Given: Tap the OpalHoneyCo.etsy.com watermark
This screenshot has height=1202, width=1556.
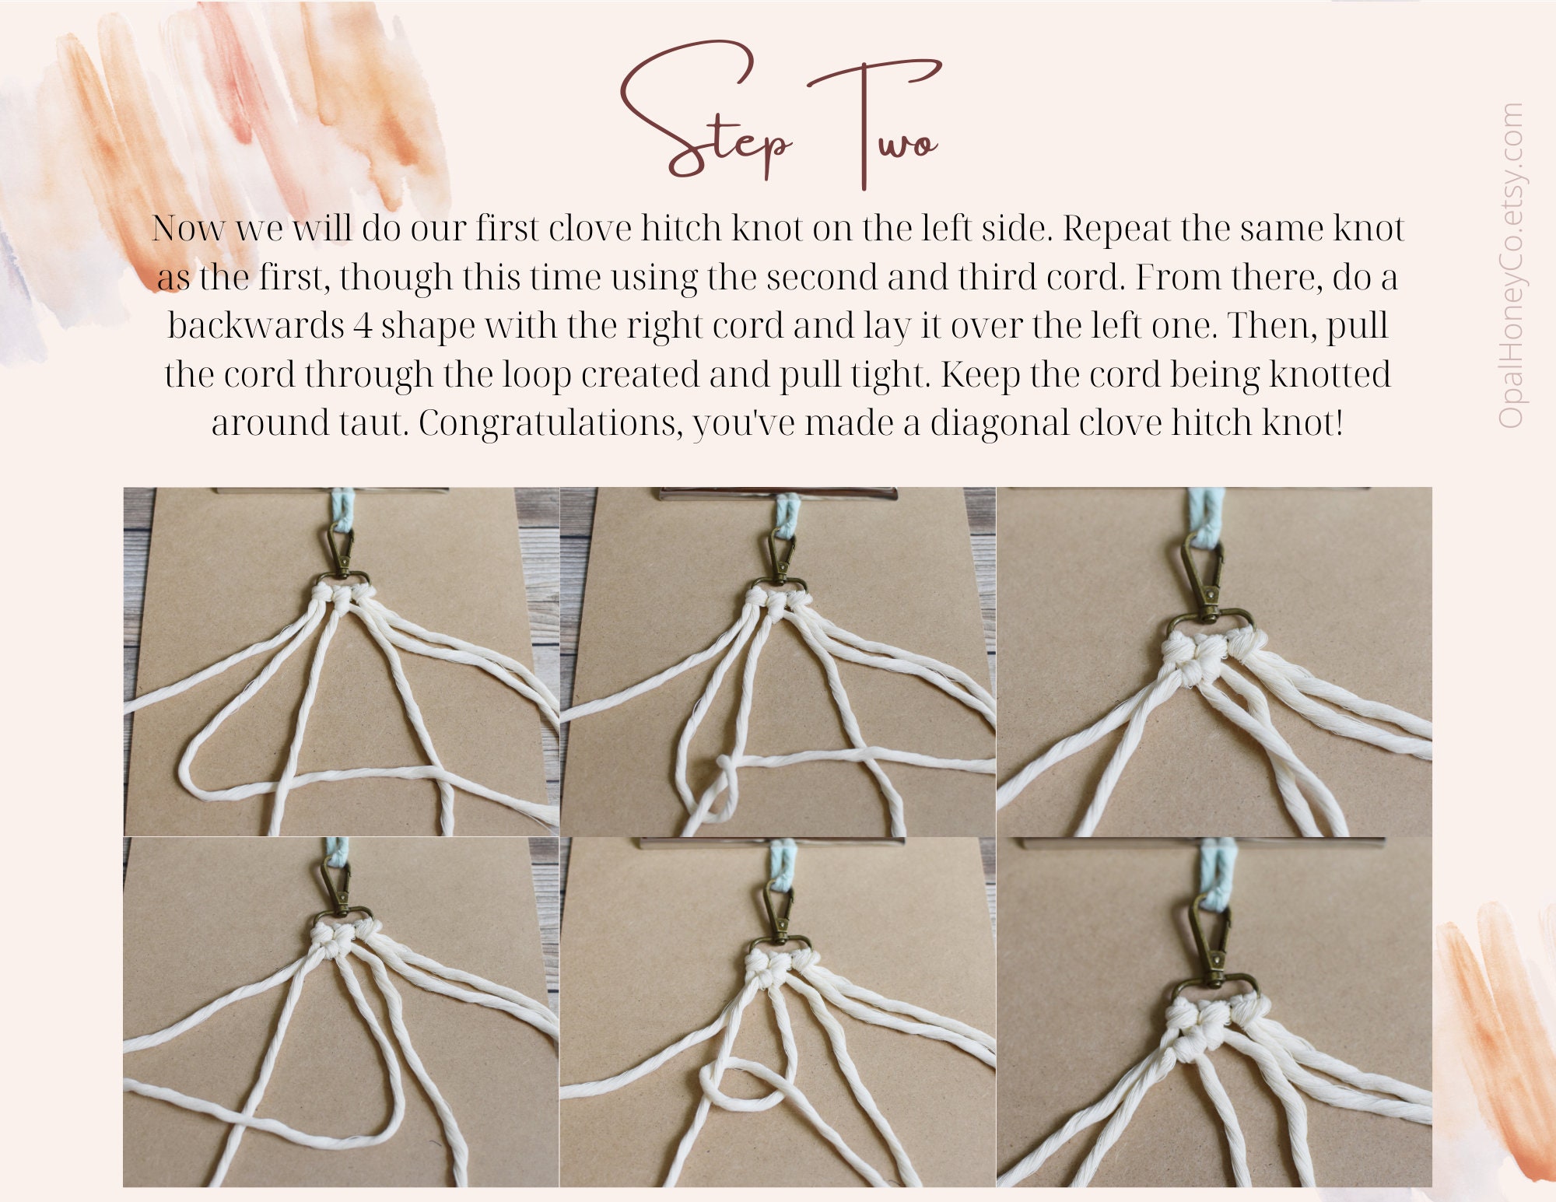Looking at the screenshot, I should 1510,265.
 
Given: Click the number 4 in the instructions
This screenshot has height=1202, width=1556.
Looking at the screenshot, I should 363,325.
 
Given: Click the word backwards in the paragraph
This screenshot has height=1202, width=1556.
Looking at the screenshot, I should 255,325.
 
